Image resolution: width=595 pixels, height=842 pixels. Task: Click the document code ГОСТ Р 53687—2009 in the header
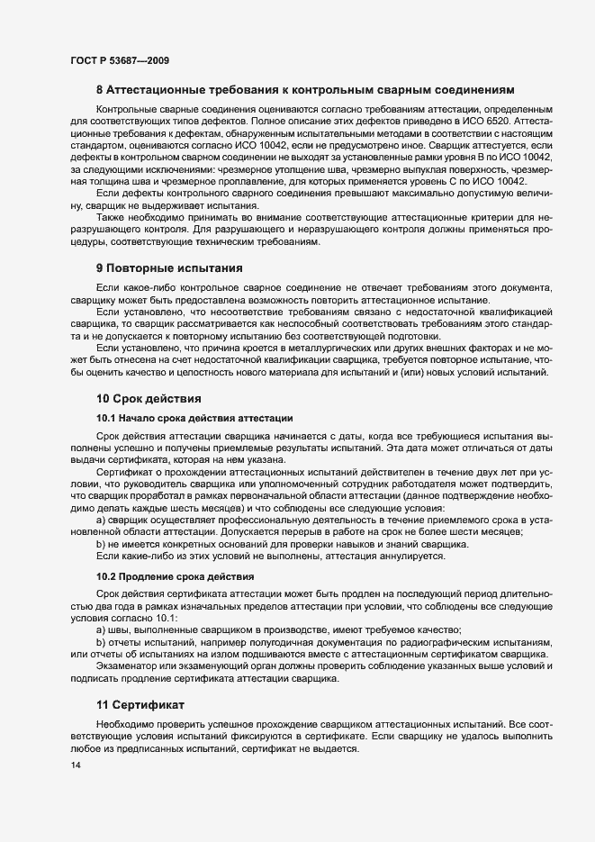point(119,60)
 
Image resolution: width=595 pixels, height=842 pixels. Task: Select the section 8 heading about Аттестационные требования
point(305,91)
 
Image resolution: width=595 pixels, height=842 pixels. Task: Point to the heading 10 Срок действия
point(149,398)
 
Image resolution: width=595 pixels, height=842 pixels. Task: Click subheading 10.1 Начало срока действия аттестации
point(193,419)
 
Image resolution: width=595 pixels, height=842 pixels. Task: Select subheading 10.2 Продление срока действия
point(175,575)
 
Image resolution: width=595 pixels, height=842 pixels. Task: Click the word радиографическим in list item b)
point(446,642)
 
